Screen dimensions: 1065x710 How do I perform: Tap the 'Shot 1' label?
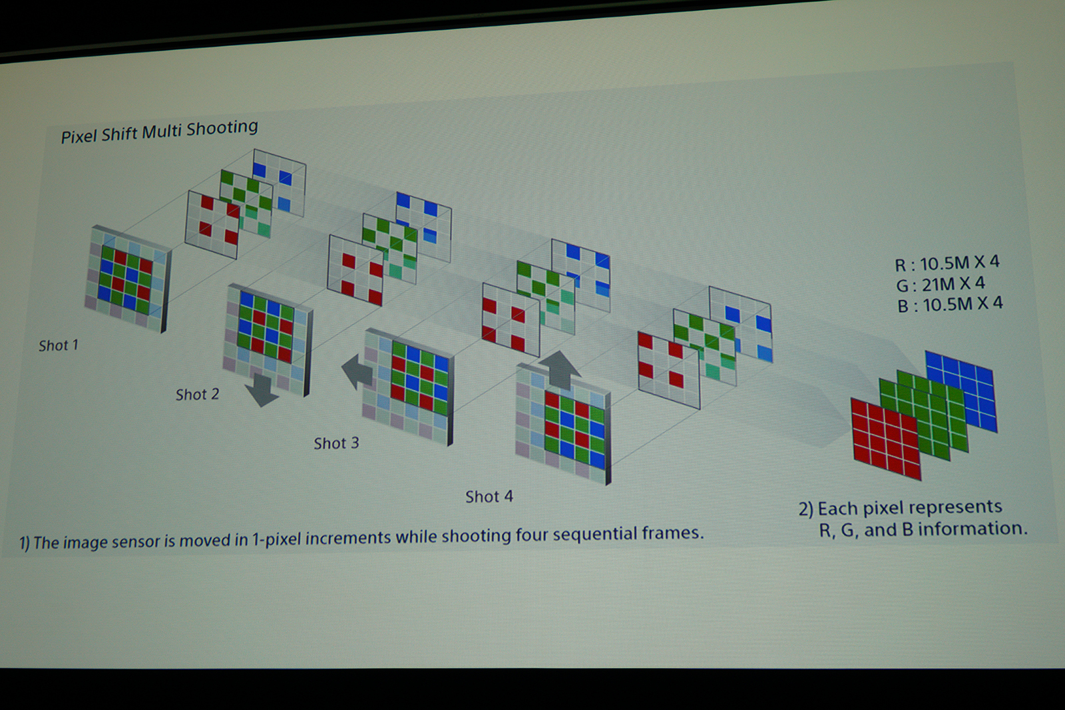click(59, 345)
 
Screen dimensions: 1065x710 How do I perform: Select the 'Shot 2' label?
click(197, 395)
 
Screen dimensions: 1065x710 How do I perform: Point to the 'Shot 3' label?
click(336, 443)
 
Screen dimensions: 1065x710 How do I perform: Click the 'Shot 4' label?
click(489, 496)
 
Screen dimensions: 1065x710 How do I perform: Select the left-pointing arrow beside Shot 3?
click(357, 371)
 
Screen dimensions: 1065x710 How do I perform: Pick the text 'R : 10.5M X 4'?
click(947, 264)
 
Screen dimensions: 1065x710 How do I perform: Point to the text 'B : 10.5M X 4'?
click(950, 305)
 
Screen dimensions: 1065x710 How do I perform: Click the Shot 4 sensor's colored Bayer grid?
click(575, 430)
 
